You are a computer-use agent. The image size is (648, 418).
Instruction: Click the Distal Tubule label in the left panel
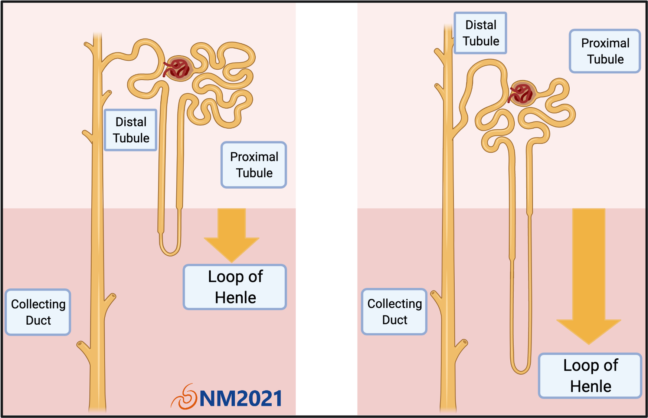pyautogui.click(x=131, y=130)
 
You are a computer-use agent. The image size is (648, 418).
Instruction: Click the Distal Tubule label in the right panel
pyautogui.click(x=480, y=33)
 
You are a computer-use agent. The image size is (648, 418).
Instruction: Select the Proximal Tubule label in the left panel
pyautogui.click(x=254, y=165)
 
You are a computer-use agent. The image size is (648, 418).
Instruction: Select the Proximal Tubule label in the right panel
pyautogui.click(x=605, y=51)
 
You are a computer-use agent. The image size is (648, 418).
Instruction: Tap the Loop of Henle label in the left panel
pyautogui.click(x=235, y=287)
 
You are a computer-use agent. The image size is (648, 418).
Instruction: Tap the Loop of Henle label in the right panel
pyautogui.click(x=590, y=376)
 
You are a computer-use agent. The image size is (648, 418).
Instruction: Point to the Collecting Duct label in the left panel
pyautogui.click(x=38, y=312)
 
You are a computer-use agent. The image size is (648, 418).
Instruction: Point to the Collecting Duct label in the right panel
pyautogui.click(x=394, y=312)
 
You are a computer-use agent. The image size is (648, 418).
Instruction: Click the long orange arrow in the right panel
pyautogui.click(x=589, y=274)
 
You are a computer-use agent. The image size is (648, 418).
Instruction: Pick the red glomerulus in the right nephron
pyautogui.click(x=523, y=93)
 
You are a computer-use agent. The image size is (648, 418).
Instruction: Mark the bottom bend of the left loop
pyautogui.click(x=170, y=253)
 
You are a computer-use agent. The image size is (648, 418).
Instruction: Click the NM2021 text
pyautogui.click(x=240, y=399)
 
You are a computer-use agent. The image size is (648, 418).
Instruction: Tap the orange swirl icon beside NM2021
pyautogui.click(x=184, y=397)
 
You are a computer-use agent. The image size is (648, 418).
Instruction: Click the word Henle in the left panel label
pyautogui.click(x=235, y=298)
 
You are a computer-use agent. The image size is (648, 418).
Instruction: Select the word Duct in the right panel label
pyautogui.click(x=395, y=320)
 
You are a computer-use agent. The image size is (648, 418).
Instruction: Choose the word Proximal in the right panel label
pyautogui.click(x=605, y=43)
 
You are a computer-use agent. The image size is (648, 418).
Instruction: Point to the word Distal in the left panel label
pyautogui.click(x=131, y=122)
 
